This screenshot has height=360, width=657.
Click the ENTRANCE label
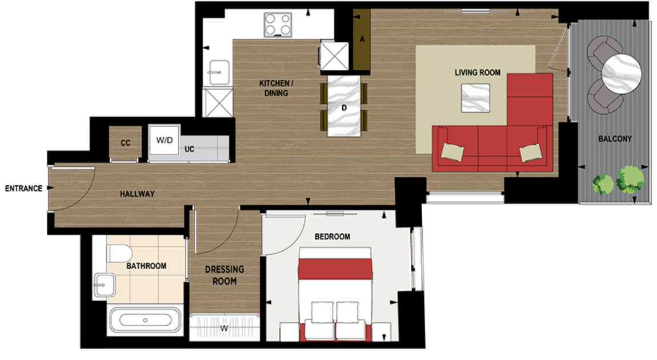coord(23,188)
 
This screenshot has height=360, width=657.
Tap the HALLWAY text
coord(137,194)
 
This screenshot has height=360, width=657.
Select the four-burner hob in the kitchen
coord(278,25)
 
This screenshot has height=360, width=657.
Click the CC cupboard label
coord(126,143)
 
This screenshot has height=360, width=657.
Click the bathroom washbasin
coord(105,283)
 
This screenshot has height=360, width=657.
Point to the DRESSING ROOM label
coord(225,275)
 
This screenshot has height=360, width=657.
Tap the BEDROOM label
coord(332,237)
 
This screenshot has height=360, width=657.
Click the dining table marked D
coord(345,107)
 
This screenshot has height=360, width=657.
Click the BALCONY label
coord(615,139)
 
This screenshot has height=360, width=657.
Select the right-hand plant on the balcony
coord(630,178)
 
